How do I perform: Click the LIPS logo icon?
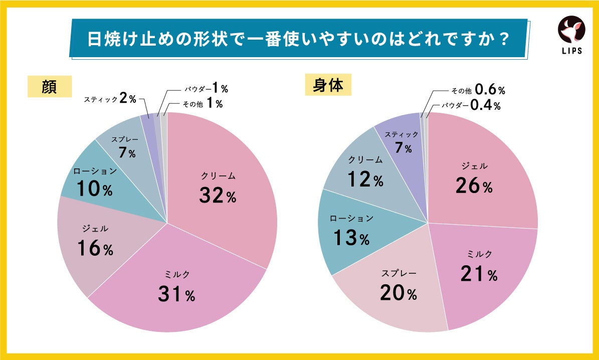point(571,31)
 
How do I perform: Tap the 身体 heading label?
point(328,85)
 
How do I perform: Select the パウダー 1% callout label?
point(205,89)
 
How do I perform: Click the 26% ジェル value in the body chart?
point(474,186)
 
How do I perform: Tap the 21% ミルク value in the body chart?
point(479,273)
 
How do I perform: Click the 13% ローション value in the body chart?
point(350,238)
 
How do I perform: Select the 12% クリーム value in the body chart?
point(365,179)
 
